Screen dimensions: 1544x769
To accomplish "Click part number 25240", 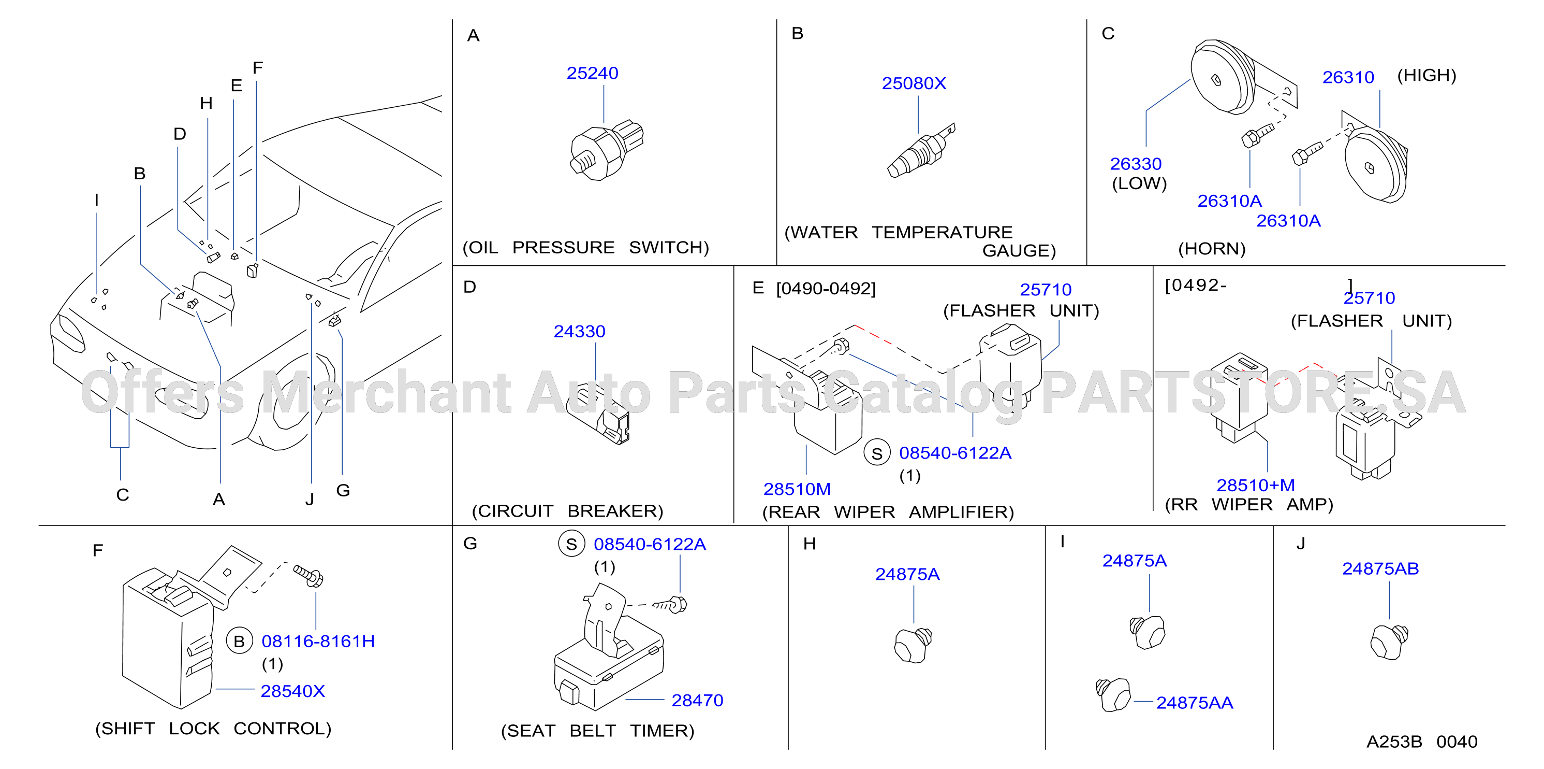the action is click(592, 73).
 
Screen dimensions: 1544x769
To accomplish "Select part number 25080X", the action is click(914, 83).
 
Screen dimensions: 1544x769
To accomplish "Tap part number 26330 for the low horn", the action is click(1135, 164).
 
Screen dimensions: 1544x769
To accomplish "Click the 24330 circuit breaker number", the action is click(579, 331).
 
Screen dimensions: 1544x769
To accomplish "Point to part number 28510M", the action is click(797, 489).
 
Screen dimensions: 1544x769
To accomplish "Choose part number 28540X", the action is click(292, 691).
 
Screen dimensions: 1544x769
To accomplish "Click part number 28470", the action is click(697, 700).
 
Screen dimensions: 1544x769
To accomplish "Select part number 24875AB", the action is click(1380, 568).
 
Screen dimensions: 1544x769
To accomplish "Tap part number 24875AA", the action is click(1194, 703).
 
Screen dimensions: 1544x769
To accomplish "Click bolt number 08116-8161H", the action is click(318, 641).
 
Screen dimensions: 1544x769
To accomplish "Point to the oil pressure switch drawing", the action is click(606, 149).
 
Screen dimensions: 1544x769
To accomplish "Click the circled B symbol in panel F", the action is click(239, 641).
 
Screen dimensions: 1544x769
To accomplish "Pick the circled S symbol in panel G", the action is click(571, 544).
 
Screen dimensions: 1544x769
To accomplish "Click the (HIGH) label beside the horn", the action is click(1426, 76).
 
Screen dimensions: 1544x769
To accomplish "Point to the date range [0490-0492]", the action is click(826, 289).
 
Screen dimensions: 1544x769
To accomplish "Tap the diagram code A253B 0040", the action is click(1422, 742).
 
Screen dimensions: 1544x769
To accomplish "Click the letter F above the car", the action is click(258, 68).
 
